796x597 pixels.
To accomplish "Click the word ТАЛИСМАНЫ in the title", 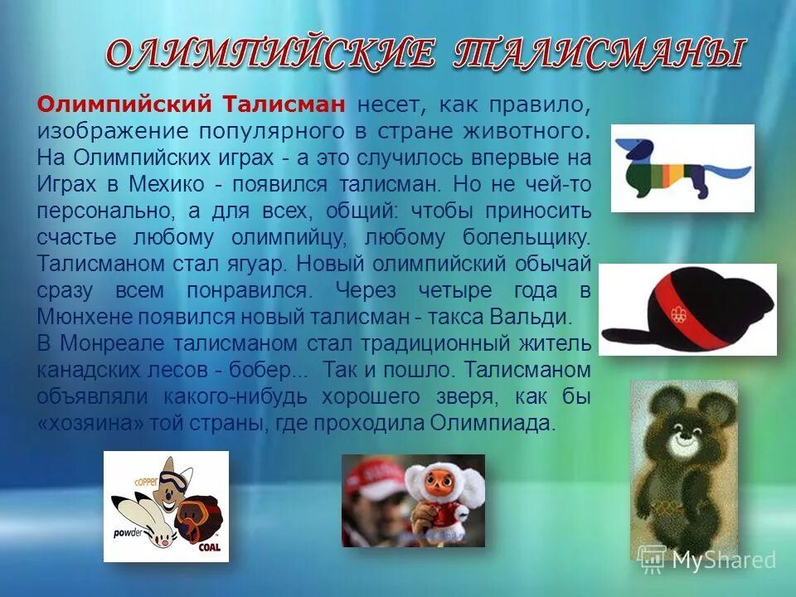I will [x=597, y=55].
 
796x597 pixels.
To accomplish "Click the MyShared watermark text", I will [x=722, y=561].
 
